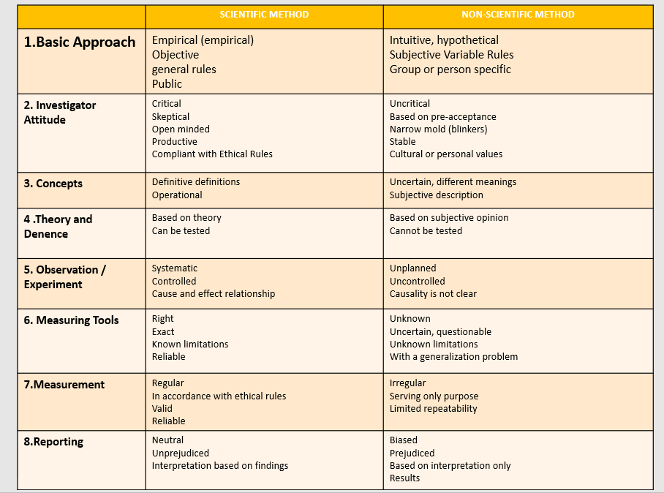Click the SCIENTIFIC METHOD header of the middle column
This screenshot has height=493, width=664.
[x=264, y=15]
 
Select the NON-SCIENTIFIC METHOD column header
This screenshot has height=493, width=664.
[x=518, y=15]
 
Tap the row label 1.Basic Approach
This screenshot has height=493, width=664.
[x=80, y=42]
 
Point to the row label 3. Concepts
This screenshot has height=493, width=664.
[x=53, y=184]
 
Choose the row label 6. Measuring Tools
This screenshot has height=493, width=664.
[x=71, y=320]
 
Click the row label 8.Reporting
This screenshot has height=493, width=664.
[x=53, y=442]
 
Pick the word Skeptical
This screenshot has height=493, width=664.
[x=170, y=116]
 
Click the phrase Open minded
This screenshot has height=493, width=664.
[x=181, y=129]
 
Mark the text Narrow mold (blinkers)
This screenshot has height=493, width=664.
[x=438, y=129]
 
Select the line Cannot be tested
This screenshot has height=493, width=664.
[x=426, y=230]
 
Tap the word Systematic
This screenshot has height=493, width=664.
[x=175, y=268]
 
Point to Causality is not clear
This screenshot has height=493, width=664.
[x=433, y=293]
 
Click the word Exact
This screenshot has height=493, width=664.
[x=163, y=331]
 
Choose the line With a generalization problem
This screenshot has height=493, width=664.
[x=453, y=357]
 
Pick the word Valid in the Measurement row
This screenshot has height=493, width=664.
[x=162, y=408]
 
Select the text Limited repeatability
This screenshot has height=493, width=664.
[x=433, y=408]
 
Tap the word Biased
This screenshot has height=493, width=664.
[x=404, y=440]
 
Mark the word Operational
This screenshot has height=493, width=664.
[x=177, y=195]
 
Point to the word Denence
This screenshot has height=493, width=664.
[x=46, y=234]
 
